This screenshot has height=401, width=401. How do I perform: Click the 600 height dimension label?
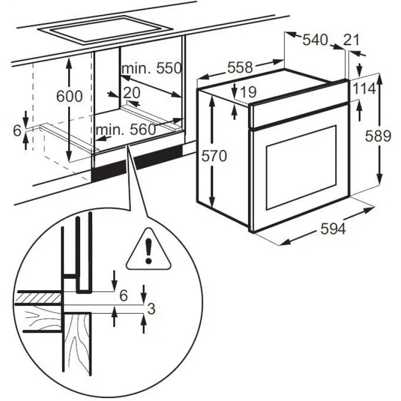[69, 96]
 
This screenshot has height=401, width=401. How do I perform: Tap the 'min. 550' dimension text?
[152, 68]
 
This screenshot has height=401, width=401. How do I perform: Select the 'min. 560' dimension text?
[126, 129]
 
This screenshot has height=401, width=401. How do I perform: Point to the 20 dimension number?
[132, 93]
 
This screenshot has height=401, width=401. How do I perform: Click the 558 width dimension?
[240, 67]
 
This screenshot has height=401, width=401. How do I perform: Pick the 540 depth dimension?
[315, 40]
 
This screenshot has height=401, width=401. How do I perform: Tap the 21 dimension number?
[351, 40]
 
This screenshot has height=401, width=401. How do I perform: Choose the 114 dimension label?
[364, 89]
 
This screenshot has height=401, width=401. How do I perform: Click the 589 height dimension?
[378, 136]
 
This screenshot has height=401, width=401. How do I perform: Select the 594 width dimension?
[333, 229]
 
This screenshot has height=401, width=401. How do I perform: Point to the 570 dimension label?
[214, 156]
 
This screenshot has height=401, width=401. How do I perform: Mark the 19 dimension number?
[248, 92]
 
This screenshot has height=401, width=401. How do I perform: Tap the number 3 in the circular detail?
[151, 308]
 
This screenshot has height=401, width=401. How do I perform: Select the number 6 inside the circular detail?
[123, 295]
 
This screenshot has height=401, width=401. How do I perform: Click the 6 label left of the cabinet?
[17, 131]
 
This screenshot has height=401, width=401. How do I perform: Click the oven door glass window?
[301, 167]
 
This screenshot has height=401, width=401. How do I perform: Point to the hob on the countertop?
[104, 30]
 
